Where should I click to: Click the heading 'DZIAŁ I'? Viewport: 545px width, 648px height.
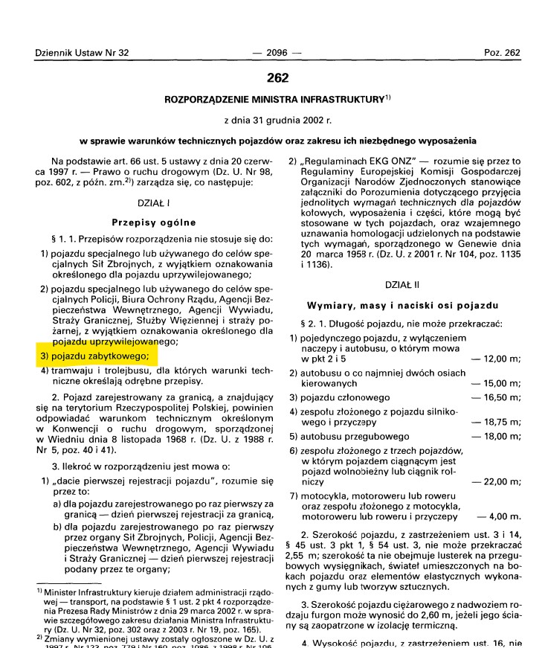click(x=154, y=202)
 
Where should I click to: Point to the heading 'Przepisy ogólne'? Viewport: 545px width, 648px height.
click(x=154, y=222)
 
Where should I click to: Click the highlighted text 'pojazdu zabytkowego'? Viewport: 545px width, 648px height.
click(x=100, y=356)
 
